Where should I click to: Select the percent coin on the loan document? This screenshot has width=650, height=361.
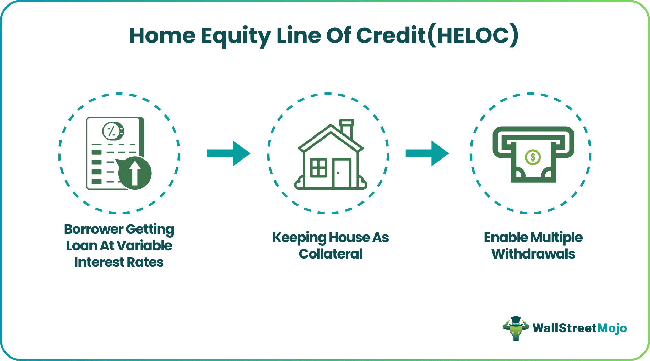113,131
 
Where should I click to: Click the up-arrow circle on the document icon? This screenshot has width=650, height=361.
135,173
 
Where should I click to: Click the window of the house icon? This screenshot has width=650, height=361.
318,168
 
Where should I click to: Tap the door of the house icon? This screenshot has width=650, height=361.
342,173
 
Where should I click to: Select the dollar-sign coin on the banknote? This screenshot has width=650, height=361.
533,157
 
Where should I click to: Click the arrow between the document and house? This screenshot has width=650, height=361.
229,153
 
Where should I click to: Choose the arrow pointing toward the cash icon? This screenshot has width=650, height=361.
427,153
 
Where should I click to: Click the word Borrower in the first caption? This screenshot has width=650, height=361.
94,229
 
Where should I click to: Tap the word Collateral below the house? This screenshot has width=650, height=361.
331,254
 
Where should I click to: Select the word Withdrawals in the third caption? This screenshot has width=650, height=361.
533,254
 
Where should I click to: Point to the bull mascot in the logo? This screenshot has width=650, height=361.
516,328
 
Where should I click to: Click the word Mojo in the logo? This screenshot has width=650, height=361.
612,328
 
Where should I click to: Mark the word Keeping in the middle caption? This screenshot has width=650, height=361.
299,238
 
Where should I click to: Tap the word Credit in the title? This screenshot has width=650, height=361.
391,35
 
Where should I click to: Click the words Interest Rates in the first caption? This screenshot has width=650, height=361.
119,262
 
